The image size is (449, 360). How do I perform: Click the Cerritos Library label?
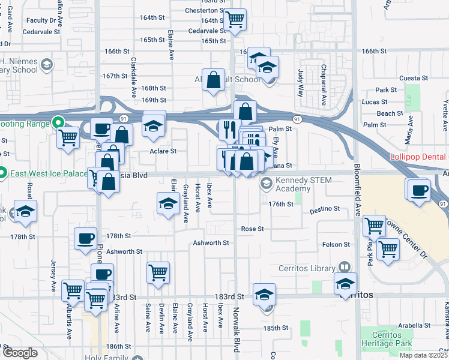click(x=312, y=268)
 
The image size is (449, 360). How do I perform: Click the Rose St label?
click(x=252, y=229)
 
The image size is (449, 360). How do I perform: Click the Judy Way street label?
click(x=301, y=83)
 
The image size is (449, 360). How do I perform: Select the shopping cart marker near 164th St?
click(x=236, y=19)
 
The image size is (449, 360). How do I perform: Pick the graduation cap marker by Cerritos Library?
click(x=345, y=284)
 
